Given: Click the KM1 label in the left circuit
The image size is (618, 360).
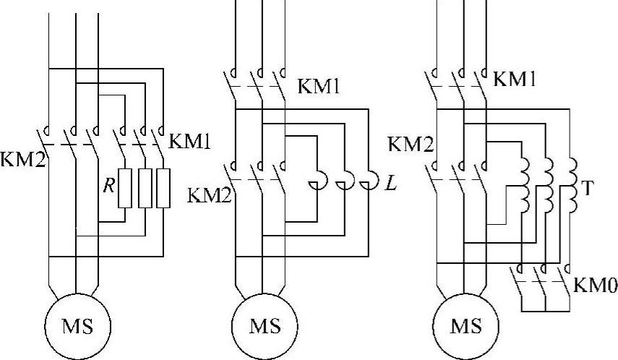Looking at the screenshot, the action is coord(189,142).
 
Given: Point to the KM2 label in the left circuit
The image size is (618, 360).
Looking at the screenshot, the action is coord(22,159).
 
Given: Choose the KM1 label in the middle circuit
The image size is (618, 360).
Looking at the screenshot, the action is coord(319,86).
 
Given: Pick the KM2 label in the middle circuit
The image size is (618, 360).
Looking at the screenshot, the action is coord(209,195).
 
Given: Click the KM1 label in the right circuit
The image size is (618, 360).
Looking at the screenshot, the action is coord(515,79).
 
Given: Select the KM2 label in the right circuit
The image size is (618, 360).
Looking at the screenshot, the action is coord(411,145).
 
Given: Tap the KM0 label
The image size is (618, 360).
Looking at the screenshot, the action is coord(596,285).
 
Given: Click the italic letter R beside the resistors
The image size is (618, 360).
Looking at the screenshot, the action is coord(108,186).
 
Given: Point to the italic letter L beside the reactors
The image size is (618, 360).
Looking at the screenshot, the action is coord(390,184).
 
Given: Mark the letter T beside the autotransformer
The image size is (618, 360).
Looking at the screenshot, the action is coord(586,189).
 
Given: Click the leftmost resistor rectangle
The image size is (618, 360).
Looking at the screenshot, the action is coord(124,188).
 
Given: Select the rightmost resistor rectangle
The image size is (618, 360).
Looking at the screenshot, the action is coord(163,188).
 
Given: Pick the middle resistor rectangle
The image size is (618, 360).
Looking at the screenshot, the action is coord(145,188).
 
